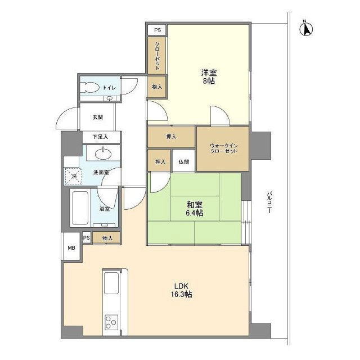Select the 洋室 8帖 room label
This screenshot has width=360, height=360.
point(208,76)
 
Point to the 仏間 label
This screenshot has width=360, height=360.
point(184,162)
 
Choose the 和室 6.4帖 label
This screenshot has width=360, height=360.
point(194,209)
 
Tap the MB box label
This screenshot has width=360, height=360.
point(71,248)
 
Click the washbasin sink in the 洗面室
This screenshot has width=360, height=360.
point(103,154)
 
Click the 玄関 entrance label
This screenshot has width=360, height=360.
point(98,118)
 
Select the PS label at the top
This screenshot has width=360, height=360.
point(156,29)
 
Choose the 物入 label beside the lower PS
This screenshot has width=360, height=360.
point(107,238)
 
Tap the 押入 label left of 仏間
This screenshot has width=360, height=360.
point(160,162)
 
